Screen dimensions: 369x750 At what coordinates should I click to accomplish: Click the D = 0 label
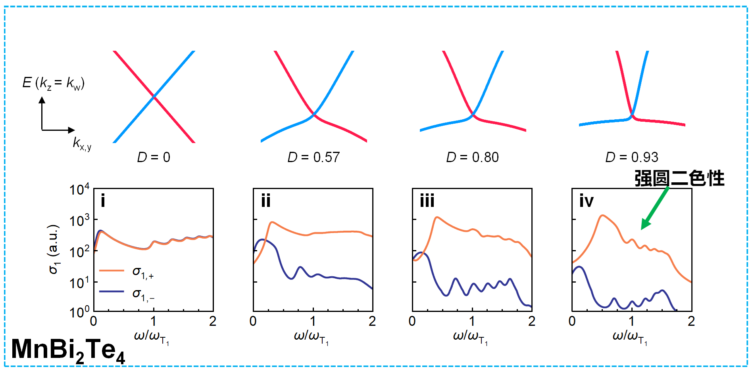154,157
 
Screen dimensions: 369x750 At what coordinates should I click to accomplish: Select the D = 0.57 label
313,157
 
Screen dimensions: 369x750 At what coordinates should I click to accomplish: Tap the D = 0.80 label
472,157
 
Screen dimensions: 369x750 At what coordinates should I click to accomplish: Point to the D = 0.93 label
632,157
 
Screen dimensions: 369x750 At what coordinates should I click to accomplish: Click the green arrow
655,208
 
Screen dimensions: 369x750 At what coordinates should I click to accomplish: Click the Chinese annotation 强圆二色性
679,178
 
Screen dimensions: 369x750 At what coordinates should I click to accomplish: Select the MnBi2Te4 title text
68,350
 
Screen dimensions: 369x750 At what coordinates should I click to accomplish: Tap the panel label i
103,201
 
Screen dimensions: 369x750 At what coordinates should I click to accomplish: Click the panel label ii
266,201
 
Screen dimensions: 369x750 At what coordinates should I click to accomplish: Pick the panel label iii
427,201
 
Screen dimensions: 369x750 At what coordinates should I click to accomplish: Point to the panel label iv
586,201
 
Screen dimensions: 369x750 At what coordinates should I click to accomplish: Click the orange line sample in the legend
112,271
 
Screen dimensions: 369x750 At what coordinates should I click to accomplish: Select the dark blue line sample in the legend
112,292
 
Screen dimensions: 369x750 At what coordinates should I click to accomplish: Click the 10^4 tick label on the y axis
79,189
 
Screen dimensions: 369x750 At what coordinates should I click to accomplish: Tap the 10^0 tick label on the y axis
79,312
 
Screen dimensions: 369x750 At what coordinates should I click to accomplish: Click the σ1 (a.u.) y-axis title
54,249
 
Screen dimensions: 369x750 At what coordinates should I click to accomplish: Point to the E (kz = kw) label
54,83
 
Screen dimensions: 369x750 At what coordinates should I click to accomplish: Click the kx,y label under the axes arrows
82,143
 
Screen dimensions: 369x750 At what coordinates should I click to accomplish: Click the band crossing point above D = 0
154,97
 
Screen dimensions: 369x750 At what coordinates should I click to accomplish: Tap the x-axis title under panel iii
471,337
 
